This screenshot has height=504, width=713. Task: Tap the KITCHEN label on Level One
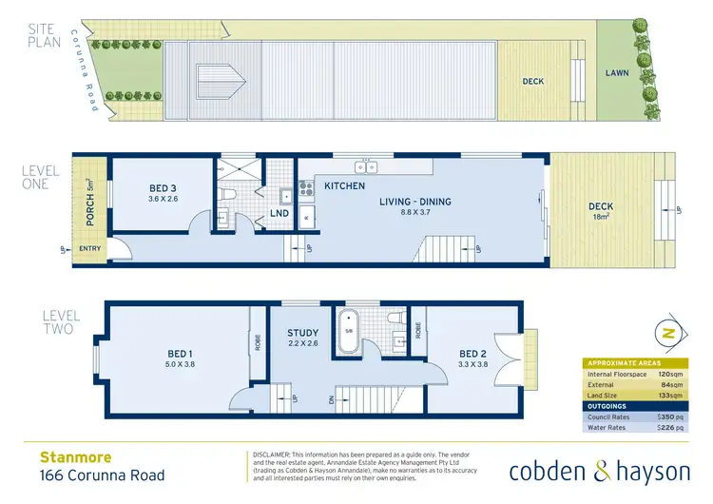344,185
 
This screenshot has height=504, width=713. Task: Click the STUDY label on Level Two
303,333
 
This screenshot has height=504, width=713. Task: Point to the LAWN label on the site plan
618,72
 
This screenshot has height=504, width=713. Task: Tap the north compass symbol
668,334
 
